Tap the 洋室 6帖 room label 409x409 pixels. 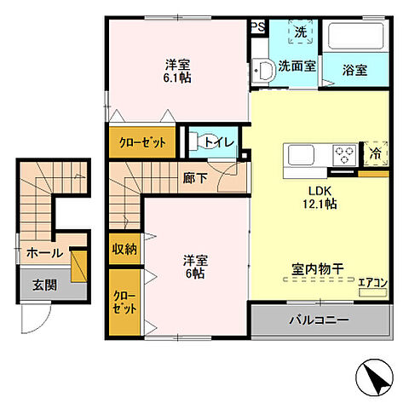(194, 268)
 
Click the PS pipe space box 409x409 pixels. (256, 26)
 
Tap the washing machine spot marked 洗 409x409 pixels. (300, 32)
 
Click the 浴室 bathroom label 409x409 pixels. (354, 70)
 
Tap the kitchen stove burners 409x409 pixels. (344, 155)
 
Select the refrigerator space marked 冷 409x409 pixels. (376, 153)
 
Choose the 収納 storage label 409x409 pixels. (124, 249)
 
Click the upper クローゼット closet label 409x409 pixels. (141, 142)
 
